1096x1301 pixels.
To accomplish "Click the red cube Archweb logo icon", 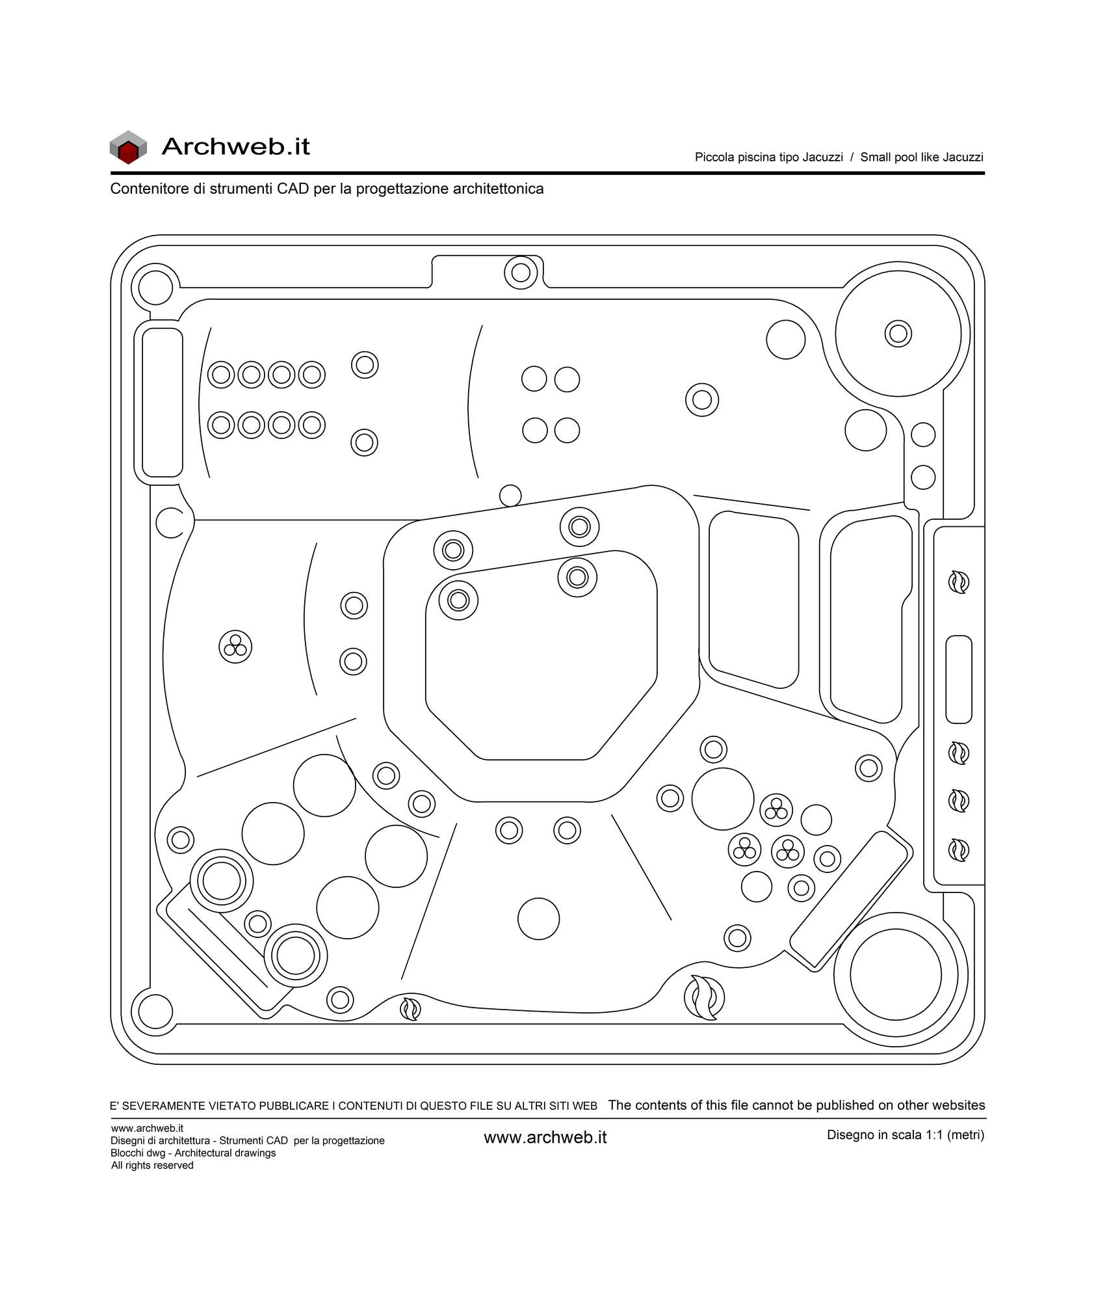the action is click(x=128, y=147).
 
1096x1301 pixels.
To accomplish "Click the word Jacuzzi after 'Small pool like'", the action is click(x=963, y=157).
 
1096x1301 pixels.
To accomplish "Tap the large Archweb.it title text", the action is click(x=235, y=146).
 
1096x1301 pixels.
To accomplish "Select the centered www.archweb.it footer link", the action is click(x=545, y=1137).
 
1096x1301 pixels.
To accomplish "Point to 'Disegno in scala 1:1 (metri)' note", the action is click(x=906, y=1135).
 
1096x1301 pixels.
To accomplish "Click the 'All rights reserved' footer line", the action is click(x=152, y=1165).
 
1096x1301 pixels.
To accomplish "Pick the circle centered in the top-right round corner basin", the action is click(x=898, y=334).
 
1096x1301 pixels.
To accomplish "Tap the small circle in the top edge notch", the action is click(x=521, y=273).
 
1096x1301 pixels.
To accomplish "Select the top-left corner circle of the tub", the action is click(x=155, y=287).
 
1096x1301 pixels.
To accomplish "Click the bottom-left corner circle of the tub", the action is click(x=155, y=1012).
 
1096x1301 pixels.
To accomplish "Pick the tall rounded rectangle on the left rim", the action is click(x=163, y=403).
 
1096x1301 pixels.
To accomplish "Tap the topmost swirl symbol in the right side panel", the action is click(x=959, y=582).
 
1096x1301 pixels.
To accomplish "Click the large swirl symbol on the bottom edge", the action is click(x=704, y=997).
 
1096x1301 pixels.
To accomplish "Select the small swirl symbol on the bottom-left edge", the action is click(x=410, y=1009).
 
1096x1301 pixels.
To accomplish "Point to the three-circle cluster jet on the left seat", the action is click(x=235, y=647).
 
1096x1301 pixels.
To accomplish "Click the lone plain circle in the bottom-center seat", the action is click(x=538, y=919).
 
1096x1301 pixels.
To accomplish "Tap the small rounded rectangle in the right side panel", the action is click(x=958, y=679).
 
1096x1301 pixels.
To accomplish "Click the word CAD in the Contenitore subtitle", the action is click(x=293, y=189).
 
